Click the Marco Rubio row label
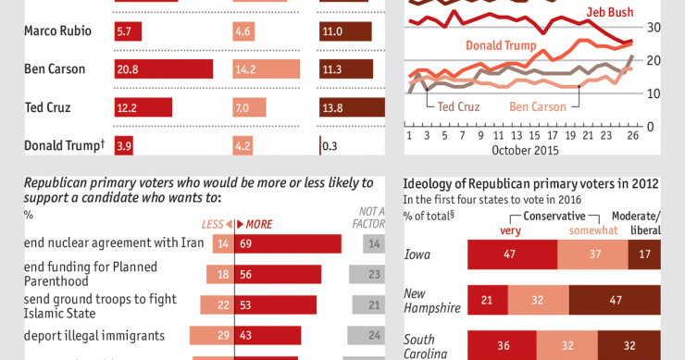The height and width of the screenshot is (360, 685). coord(57,31)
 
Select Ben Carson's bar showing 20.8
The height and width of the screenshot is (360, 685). coord(162,69)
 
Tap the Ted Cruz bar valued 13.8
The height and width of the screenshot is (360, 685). coord(346,108)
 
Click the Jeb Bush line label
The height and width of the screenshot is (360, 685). coord(611,12)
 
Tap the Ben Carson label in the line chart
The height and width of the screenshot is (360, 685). coord(537,106)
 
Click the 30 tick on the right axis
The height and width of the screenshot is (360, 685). coord(654,28)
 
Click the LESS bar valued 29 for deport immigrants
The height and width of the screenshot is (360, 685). coord(212,334)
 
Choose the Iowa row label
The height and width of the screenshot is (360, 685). coord(419,254)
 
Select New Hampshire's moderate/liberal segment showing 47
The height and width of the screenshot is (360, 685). coord(614,300)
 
